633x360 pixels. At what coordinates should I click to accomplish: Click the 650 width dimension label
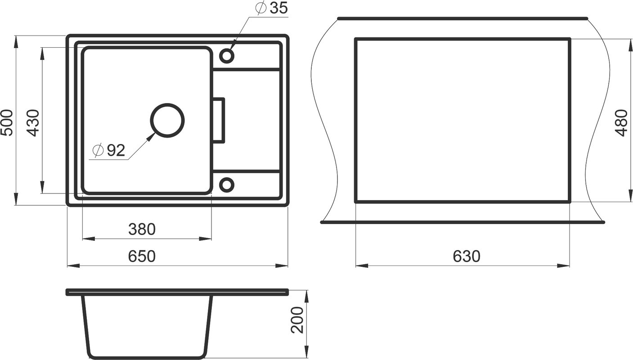(142, 256)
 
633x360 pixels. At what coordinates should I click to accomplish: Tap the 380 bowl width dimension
(142, 229)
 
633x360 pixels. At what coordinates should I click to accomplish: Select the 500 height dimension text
(7, 123)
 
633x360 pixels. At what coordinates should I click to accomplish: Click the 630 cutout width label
(467, 256)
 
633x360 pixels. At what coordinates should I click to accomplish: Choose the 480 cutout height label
(621, 123)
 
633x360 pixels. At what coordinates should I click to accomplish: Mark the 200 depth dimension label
(297, 320)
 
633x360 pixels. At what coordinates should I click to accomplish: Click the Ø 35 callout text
(271, 8)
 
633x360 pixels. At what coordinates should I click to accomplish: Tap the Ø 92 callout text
(109, 150)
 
